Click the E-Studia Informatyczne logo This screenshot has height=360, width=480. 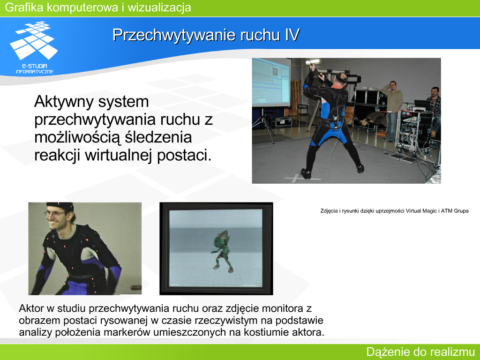click(x=34, y=47)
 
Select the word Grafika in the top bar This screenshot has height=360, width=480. click(x=24, y=7)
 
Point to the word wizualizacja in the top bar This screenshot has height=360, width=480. click(x=159, y=7)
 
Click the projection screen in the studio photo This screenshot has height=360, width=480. click(x=271, y=82)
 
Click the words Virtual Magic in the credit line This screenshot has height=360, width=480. click(x=422, y=211)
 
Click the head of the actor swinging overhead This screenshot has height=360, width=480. click(x=340, y=79)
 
